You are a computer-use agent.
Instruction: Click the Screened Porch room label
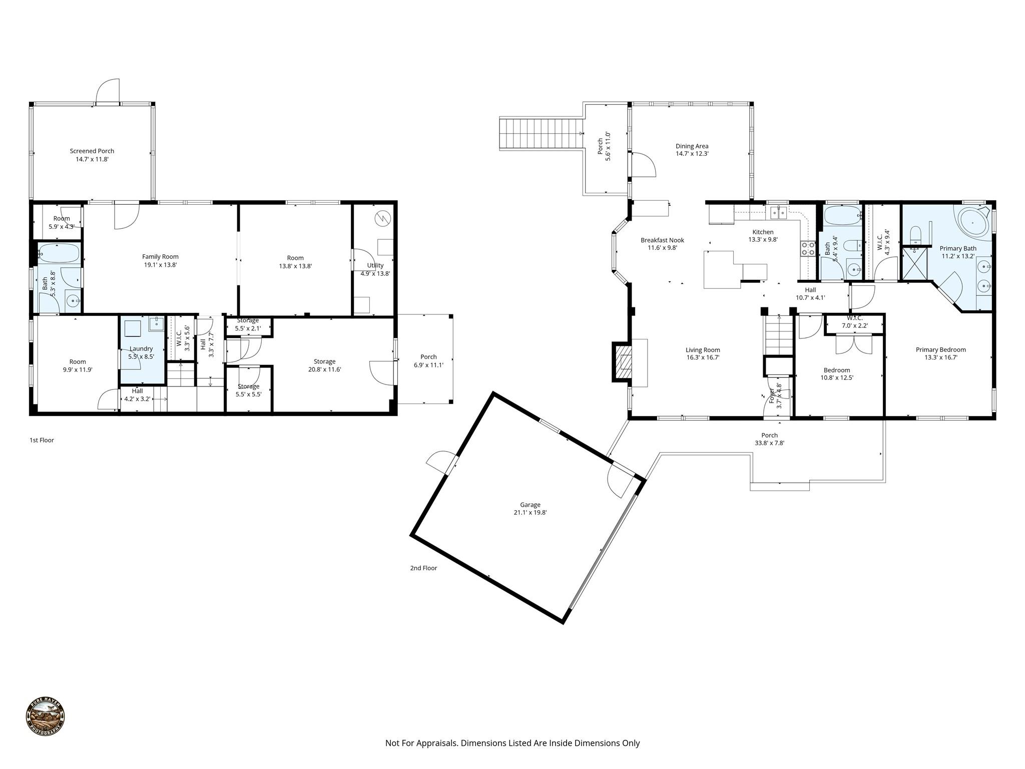point(92,151)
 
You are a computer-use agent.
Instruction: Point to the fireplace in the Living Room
point(621,362)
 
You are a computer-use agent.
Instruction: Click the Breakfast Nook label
point(662,240)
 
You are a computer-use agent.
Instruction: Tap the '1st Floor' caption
point(42,440)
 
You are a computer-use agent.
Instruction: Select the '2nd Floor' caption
point(423,568)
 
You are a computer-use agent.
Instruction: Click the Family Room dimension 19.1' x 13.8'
point(160,265)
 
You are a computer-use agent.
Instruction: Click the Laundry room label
point(141,348)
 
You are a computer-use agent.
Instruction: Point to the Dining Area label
point(692,146)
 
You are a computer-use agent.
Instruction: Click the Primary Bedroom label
point(940,349)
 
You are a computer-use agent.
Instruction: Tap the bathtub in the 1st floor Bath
point(59,253)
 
